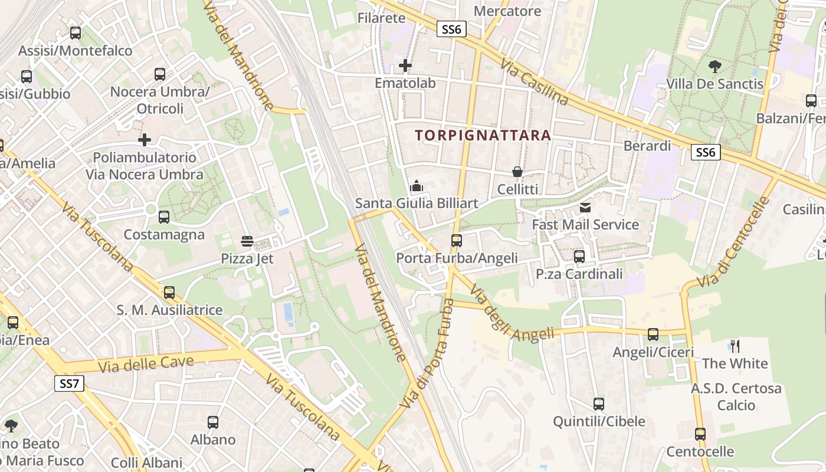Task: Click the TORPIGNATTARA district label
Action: [x=483, y=135]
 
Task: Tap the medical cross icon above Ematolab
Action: [x=405, y=65]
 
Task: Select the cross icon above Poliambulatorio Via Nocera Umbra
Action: [x=145, y=140]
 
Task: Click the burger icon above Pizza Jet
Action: [x=247, y=241]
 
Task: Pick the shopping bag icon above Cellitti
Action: [x=517, y=172]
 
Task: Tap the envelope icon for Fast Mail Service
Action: [x=585, y=207]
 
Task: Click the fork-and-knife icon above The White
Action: [x=735, y=346]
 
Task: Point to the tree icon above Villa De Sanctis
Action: [x=714, y=66]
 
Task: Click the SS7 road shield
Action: [x=69, y=383]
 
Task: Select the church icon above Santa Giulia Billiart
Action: [x=417, y=186]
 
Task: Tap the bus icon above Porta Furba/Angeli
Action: [x=457, y=241]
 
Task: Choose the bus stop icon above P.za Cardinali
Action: [x=579, y=256]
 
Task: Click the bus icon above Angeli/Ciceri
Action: [x=653, y=335]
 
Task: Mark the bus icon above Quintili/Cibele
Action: [x=599, y=404]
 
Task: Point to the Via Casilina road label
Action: [x=534, y=83]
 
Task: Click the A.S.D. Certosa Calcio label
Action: [x=736, y=396]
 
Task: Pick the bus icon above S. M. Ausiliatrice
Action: [x=169, y=292]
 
